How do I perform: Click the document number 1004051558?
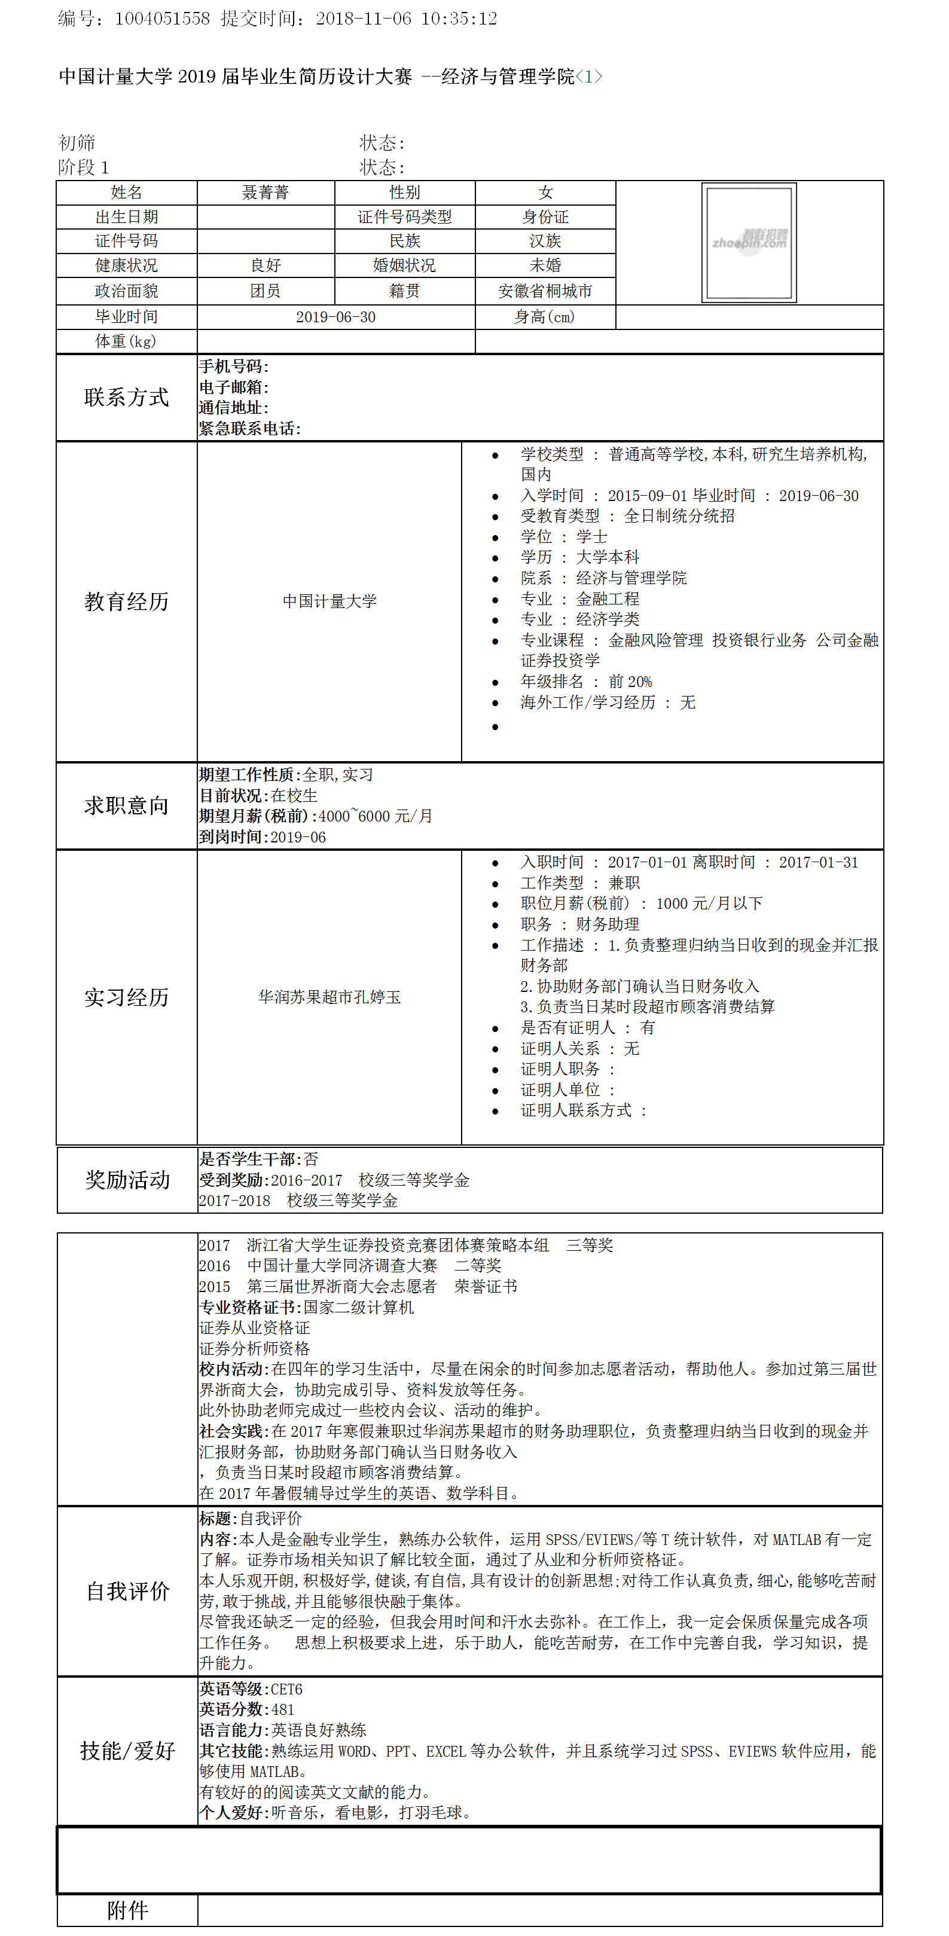[x=161, y=19]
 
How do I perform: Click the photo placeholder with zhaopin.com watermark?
[x=749, y=242]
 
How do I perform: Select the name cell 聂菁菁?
[x=266, y=193]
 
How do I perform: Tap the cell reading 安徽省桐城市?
[x=545, y=291]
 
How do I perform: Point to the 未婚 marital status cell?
[x=545, y=265]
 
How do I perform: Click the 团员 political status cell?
[x=266, y=291]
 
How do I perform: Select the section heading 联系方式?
[x=126, y=398]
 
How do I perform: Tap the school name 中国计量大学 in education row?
[x=329, y=601]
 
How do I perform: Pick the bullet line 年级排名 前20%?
[x=586, y=682]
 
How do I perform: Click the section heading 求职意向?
[x=126, y=805]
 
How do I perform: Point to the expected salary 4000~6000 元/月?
[x=375, y=816]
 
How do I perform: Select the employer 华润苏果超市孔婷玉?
[x=329, y=997]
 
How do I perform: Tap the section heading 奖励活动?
[x=127, y=1180]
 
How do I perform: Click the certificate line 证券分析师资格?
[x=254, y=1348]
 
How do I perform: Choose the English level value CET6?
[x=286, y=1690]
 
